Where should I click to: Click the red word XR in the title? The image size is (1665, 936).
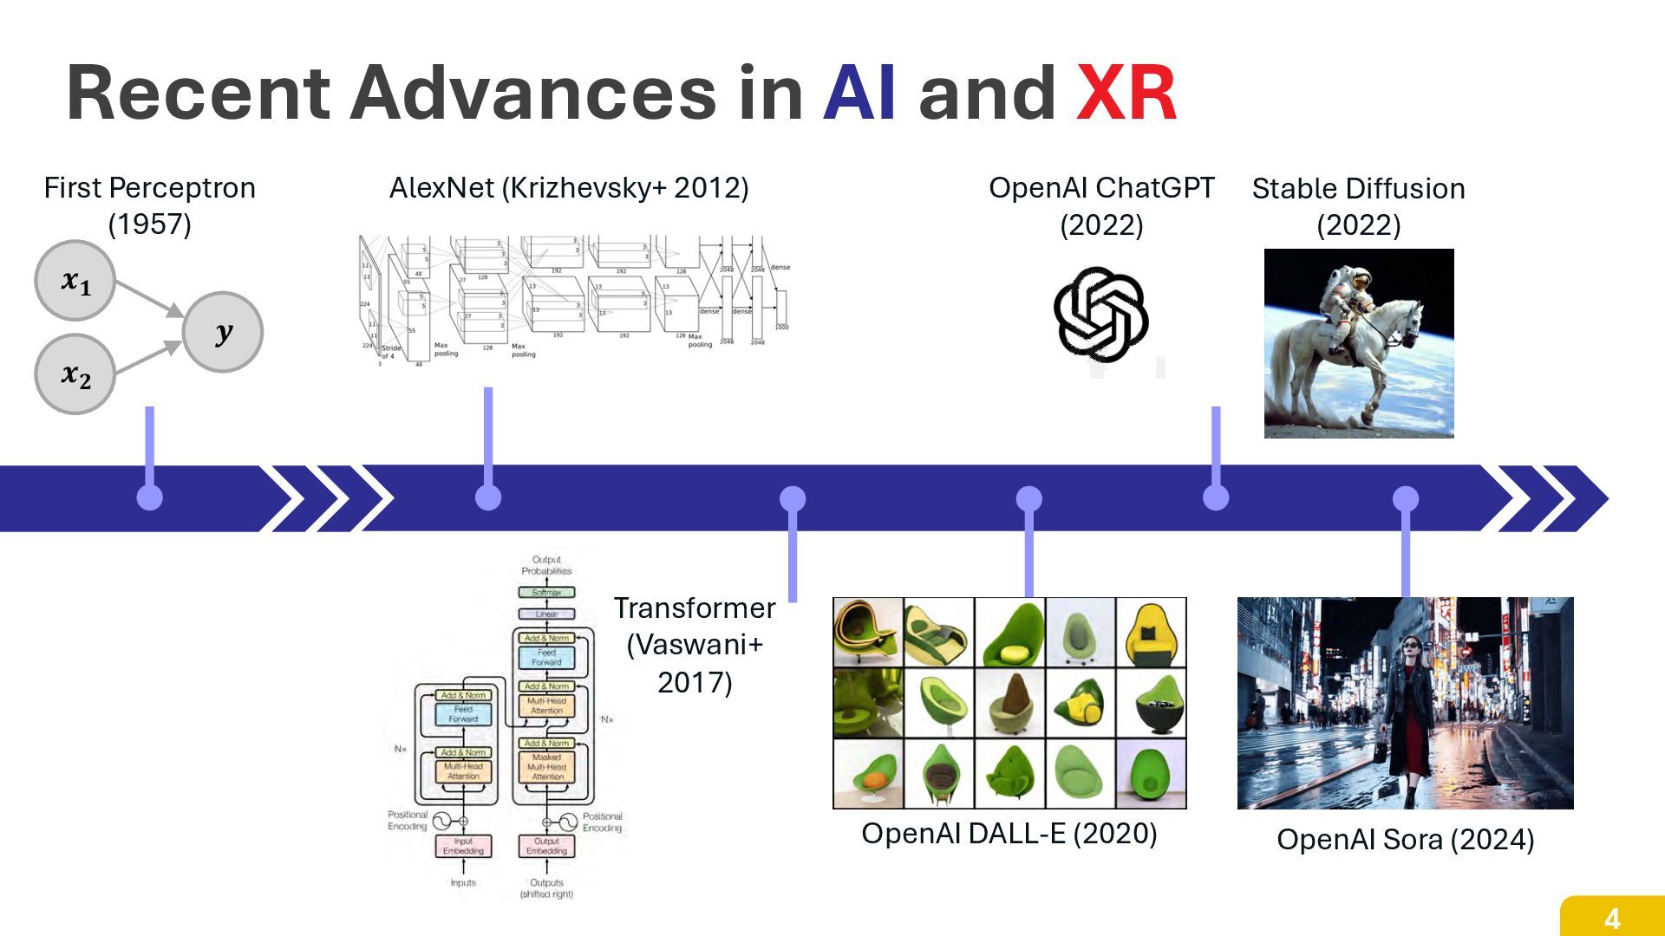1126,94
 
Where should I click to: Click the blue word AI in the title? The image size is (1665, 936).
859,94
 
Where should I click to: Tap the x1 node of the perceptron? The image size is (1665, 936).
75,281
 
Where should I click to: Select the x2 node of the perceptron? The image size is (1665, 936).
75,374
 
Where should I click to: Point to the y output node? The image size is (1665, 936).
223,332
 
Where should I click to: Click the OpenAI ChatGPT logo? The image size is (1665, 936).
1100,314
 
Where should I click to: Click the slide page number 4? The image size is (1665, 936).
1612,918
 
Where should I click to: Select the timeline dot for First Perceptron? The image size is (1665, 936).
150,497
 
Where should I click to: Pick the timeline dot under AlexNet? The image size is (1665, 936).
488,497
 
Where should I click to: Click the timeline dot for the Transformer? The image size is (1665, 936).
793,498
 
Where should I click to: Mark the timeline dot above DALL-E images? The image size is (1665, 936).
1028,498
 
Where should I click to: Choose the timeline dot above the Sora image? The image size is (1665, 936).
1406,498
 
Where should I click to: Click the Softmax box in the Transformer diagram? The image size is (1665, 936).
546,593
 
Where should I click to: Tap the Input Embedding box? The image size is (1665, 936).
463,846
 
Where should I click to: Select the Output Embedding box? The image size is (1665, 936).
546,846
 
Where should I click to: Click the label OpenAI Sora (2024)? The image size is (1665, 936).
1405,839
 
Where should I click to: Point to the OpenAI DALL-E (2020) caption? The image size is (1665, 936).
1009,833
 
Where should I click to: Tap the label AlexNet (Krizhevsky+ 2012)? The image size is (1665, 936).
569,187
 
